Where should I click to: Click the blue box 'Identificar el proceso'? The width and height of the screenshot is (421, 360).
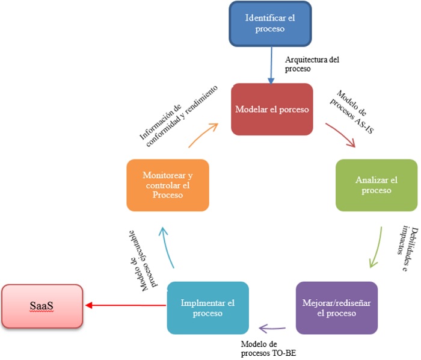point(271,23)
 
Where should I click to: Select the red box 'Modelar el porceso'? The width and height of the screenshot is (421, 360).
point(272,110)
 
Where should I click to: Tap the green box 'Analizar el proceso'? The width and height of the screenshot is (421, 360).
point(376,185)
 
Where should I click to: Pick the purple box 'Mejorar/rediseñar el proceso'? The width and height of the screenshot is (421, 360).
point(337,308)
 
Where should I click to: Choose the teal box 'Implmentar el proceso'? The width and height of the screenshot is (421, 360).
point(207,308)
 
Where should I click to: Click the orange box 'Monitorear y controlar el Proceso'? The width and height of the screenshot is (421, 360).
point(168,185)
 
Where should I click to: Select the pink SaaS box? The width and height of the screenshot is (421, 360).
point(42,306)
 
